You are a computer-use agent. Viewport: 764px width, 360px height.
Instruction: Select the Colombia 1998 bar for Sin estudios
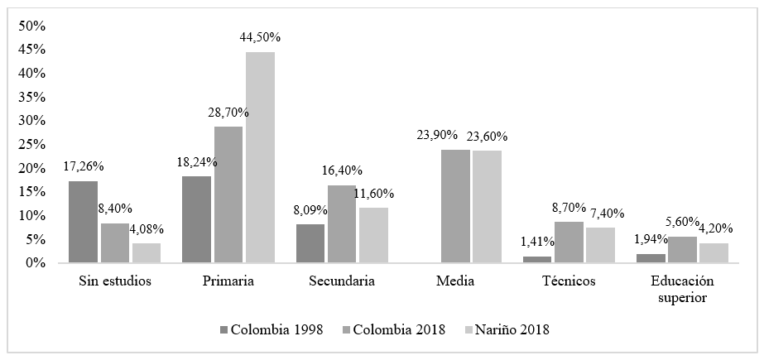[x=83, y=222]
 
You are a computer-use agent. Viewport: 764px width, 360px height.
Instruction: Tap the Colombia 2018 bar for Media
[x=454, y=206]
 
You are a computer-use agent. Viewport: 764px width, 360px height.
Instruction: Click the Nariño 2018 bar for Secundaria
[x=372, y=235]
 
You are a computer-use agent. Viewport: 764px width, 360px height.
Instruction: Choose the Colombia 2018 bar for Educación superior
[x=683, y=249]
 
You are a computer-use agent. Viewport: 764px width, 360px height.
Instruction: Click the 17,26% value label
[x=84, y=166]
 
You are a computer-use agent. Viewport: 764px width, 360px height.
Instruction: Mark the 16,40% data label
[x=343, y=170]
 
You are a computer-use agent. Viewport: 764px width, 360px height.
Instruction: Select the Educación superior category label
[x=683, y=289]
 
